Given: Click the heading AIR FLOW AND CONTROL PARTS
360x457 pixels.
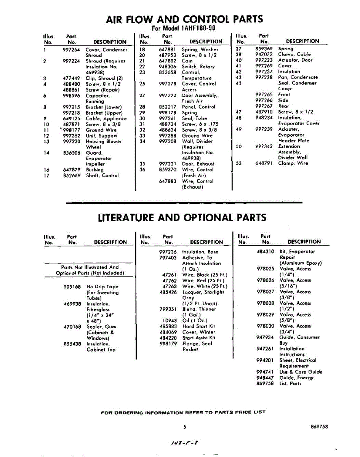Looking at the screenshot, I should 184,19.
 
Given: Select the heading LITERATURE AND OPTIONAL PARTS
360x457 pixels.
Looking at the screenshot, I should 182,217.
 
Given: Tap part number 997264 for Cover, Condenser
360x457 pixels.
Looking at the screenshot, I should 71,50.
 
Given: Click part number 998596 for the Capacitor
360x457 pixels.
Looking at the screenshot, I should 71,96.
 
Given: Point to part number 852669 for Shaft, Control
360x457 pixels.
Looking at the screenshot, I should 71,176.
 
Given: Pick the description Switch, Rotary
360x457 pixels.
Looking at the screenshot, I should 198,67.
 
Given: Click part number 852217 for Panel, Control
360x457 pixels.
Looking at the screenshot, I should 168,107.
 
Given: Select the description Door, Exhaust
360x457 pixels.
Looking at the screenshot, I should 198,164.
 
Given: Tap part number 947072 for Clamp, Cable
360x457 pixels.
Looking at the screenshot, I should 264,54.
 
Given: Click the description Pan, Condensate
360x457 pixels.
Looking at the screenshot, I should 298,77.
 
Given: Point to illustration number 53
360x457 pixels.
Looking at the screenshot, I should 239,163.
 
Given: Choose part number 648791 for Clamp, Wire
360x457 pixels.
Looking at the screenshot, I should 264,163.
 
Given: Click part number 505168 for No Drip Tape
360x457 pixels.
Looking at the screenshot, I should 72,287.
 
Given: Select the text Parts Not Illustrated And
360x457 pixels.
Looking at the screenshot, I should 90,267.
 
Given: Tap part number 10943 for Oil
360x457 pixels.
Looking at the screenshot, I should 170,321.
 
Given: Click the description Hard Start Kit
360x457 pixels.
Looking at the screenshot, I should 199,326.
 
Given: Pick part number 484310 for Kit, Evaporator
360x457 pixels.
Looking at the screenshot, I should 266,252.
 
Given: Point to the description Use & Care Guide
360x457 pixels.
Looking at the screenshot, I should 301,372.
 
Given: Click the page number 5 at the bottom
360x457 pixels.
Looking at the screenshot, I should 185,427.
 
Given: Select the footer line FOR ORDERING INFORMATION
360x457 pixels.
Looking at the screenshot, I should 183,412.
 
